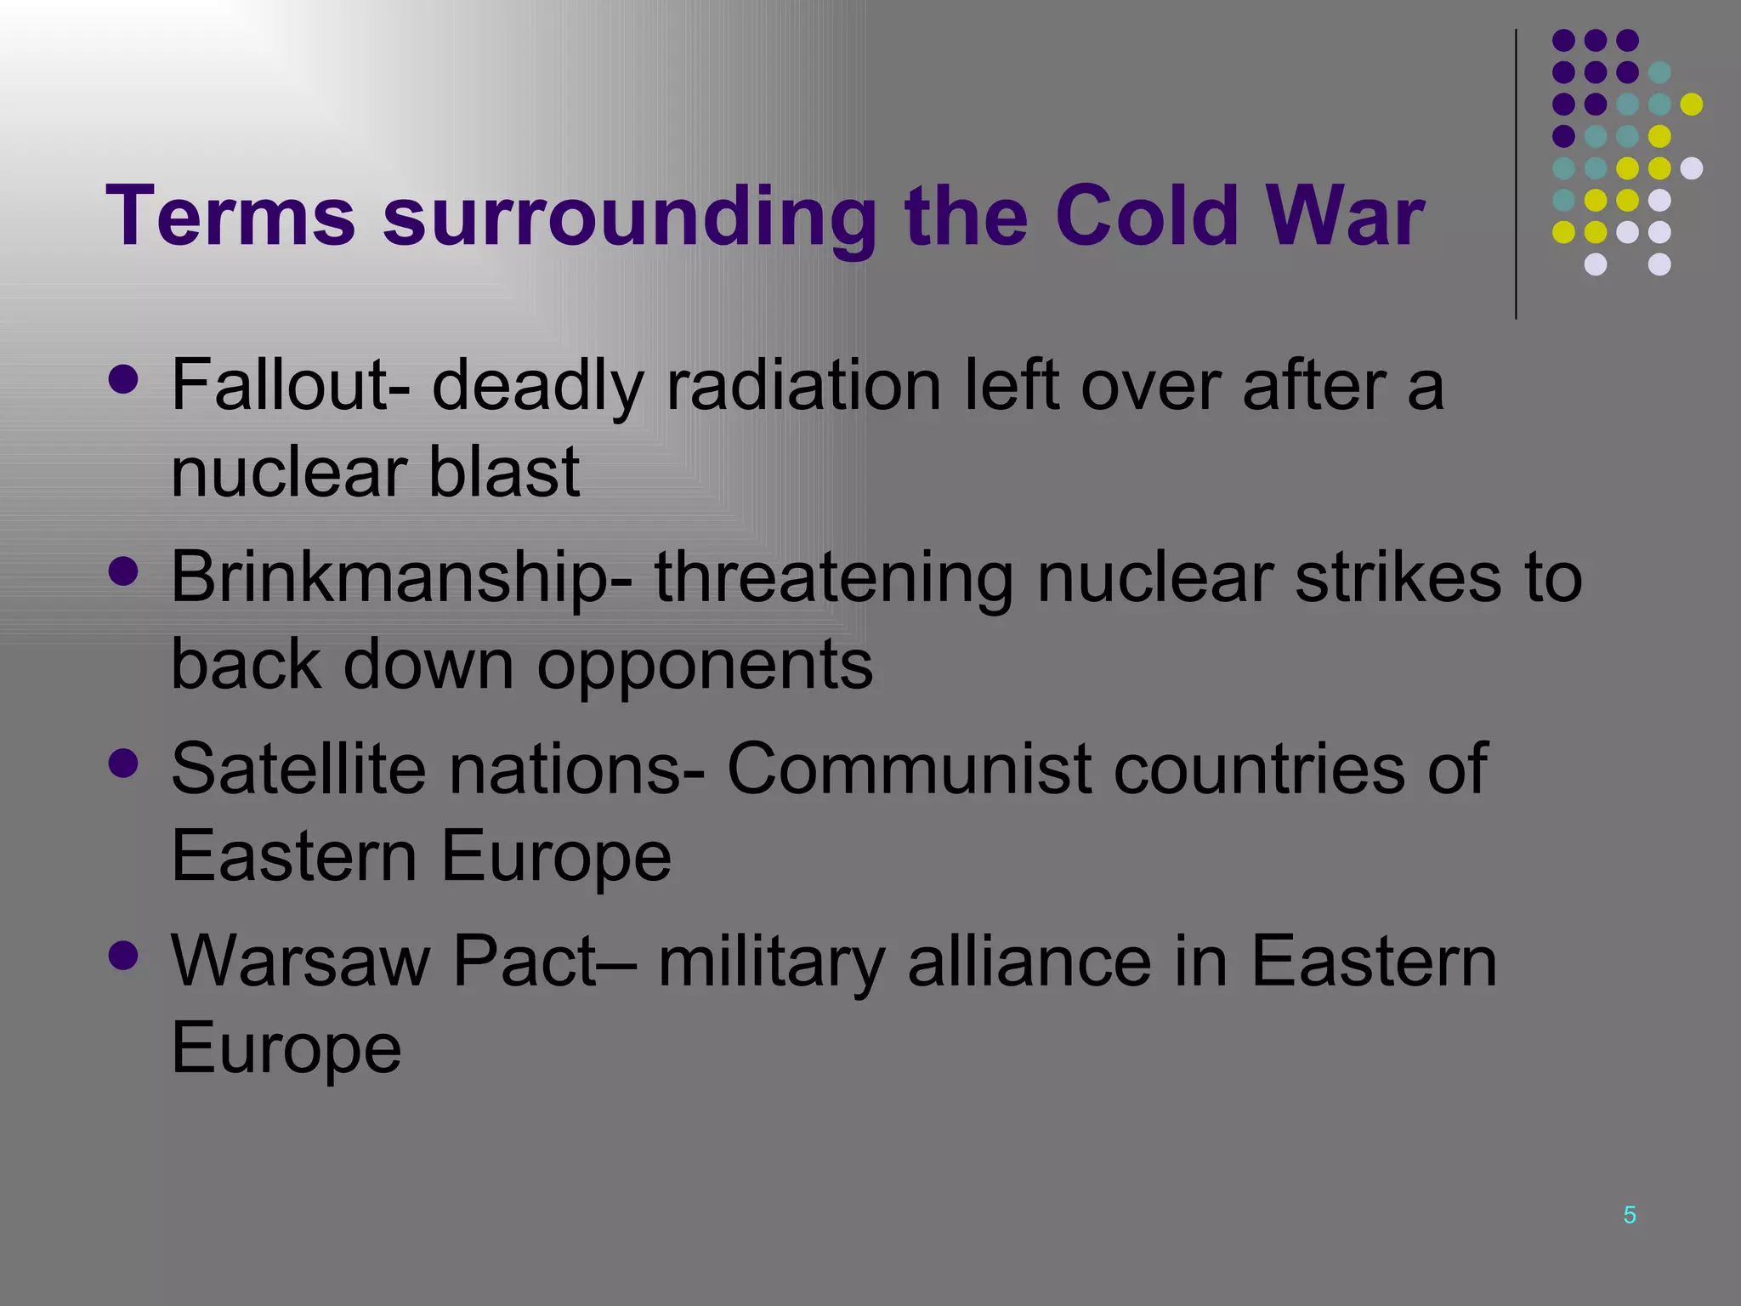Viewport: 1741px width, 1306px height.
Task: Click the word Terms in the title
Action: point(230,217)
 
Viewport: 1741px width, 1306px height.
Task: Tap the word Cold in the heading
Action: point(1147,217)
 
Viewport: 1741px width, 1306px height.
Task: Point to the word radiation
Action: point(803,385)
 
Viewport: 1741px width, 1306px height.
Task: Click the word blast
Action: point(503,472)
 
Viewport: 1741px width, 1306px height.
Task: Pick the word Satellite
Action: point(298,769)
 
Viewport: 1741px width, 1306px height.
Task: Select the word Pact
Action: point(525,962)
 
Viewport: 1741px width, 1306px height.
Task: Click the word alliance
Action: point(1029,962)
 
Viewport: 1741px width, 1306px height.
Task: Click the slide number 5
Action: point(1629,1215)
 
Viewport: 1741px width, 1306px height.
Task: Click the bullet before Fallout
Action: point(124,380)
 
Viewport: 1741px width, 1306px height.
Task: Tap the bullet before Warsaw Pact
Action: point(124,956)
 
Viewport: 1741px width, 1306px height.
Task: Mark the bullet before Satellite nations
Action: point(124,764)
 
